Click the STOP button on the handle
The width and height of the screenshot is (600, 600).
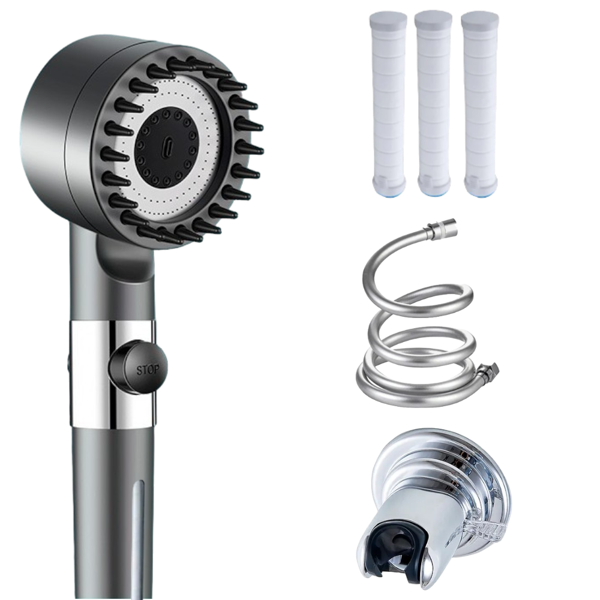pos(138,367)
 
